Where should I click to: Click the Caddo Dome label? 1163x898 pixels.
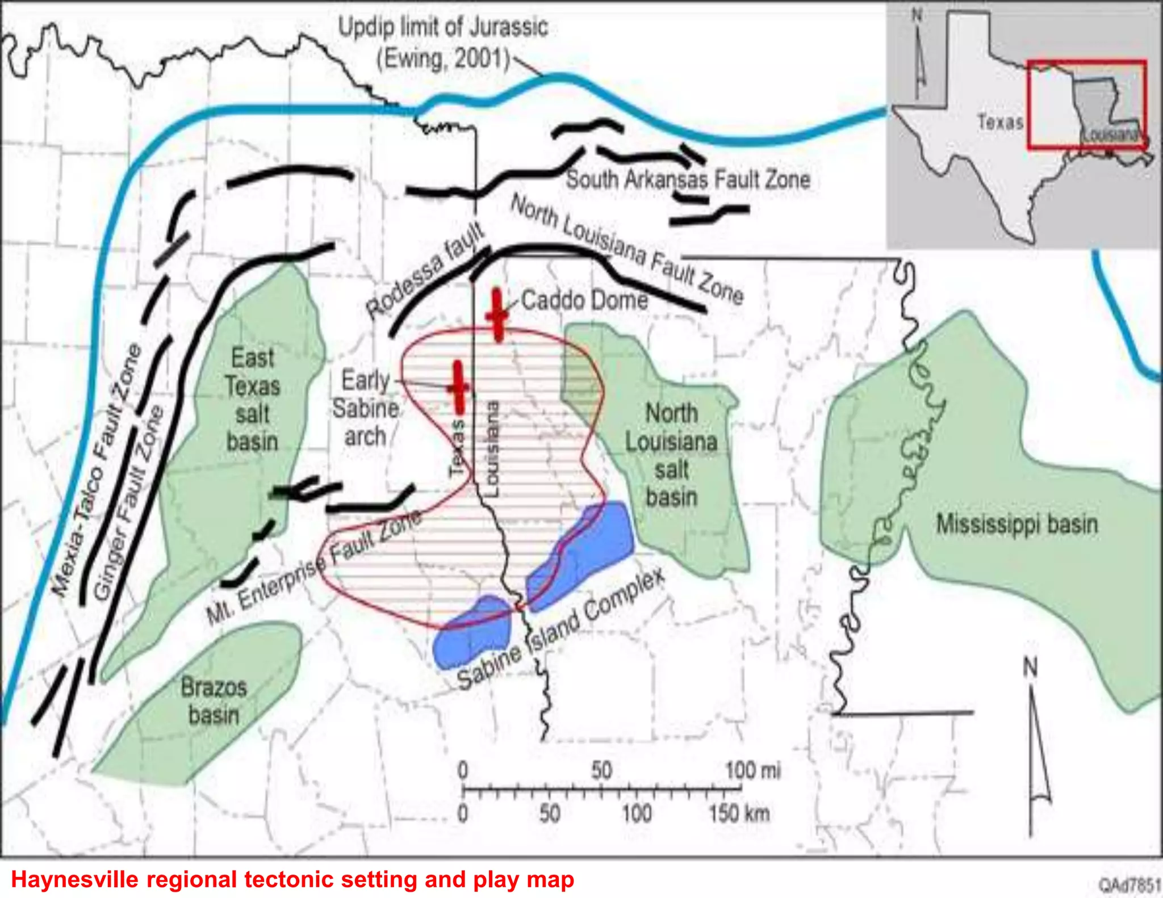pyautogui.click(x=584, y=300)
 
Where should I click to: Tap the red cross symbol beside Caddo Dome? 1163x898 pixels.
pyautogui.click(x=497, y=316)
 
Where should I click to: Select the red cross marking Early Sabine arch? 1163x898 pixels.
pyautogui.click(x=459, y=388)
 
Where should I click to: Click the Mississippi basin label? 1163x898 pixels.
pyautogui.click(x=1016, y=524)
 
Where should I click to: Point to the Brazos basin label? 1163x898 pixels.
pyautogui.click(x=214, y=701)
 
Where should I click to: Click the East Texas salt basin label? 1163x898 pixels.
pyautogui.click(x=252, y=400)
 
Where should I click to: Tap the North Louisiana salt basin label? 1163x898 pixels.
pyautogui.click(x=671, y=455)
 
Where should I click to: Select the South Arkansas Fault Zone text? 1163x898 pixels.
pyautogui.click(x=688, y=180)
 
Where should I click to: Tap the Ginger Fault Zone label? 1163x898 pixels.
pyautogui.click(x=129, y=502)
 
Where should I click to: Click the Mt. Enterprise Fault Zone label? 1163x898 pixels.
pyautogui.click(x=314, y=568)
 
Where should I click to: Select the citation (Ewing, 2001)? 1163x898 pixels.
pyautogui.click(x=444, y=58)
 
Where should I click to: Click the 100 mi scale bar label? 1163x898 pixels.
pyautogui.click(x=753, y=771)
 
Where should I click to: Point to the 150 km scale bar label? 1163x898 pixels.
pyautogui.click(x=739, y=813)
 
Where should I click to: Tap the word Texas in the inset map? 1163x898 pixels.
pyautogui.click(x=1000, y=122)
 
